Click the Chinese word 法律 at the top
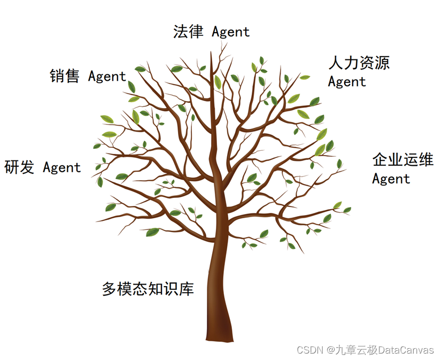tap(188, 31)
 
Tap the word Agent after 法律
tap(230, 32)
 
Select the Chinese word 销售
tap(65, 76)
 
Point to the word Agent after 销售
tap(107, 77)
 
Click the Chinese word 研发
tap(19, 167)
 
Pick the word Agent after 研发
tap(62, 168)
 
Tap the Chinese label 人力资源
tap(359, 63)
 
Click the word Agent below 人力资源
tap(347, 82)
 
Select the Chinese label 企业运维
tap(402, 159)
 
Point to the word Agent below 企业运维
tap(391, 179)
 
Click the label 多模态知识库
tap(148, 289)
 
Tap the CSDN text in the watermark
tap(309, 350)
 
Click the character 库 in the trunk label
tap(186, 289)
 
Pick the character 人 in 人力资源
tap(336, 63)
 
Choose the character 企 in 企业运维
tap(380, 159)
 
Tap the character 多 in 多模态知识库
tap(110, 289)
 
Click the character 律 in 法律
tap(196, 31)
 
